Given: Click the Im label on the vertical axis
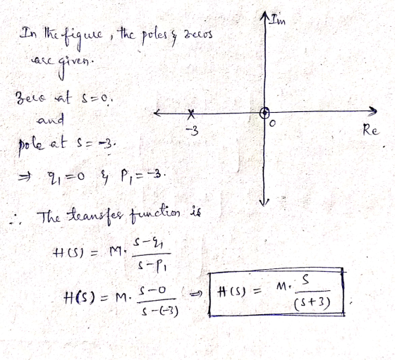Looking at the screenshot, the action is [x=278, y=20].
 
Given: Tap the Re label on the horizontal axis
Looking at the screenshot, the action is [x=370, y=130].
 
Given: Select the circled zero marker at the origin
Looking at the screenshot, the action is [x=265, y=113].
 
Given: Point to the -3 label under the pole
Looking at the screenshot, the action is [x=193, y=131].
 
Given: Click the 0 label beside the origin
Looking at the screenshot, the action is [x=272, y=123].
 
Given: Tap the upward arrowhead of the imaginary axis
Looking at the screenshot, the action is [x=265, y=15].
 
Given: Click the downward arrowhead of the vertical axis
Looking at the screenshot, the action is [x=264, y=202].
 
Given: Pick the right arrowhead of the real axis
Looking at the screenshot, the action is [x=373, y=111].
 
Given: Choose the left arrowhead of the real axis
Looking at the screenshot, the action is [x=158, y=113].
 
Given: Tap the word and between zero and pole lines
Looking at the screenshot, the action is [x=51, y=120].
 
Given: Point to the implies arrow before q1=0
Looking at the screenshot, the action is [x=25, y=178].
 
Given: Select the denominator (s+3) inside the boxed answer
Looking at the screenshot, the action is [x=312, y=304].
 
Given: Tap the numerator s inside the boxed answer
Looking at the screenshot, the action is [x=305, y=280].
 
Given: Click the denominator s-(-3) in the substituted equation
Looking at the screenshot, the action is [x=159, y=311].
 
